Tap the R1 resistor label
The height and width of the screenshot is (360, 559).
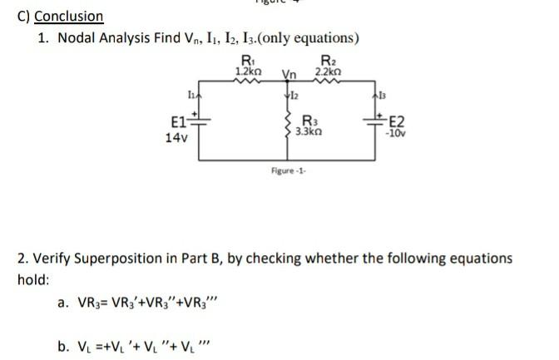coord(247,58)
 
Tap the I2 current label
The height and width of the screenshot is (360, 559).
coord(291,98)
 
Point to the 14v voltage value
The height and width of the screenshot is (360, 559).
coord(176,141)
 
